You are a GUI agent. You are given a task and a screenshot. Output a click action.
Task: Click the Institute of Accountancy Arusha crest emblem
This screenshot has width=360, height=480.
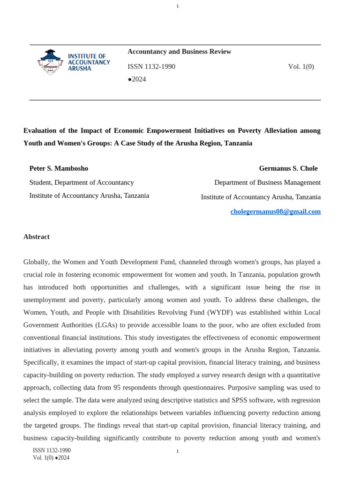[50, 62]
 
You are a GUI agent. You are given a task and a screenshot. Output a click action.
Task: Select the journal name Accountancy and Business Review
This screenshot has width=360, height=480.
[179, 52]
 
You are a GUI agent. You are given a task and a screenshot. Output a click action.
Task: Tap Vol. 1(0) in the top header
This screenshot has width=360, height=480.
[301, 67]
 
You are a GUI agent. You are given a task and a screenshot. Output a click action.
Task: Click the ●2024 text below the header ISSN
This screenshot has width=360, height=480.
[137, 79]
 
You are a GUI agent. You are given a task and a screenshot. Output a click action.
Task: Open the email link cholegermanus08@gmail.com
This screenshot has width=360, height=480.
[275, 211]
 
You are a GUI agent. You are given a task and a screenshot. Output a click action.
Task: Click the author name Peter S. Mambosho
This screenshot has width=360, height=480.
[59, 168]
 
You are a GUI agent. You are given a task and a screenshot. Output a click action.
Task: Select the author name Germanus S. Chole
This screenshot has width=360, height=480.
[288, 168]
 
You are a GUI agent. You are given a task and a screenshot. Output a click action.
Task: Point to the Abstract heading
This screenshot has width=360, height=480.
[37, 237]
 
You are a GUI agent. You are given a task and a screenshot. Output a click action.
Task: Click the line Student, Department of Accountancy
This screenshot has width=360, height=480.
[82, 182]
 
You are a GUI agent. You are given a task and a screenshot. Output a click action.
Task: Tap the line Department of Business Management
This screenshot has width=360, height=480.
[267, 182]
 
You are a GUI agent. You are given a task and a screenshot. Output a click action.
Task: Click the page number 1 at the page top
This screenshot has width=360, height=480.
[178, 6]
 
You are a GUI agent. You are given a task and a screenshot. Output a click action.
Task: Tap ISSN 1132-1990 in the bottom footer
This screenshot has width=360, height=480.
[52, 450]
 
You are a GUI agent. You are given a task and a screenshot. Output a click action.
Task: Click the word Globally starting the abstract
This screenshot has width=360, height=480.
[36, 262]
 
